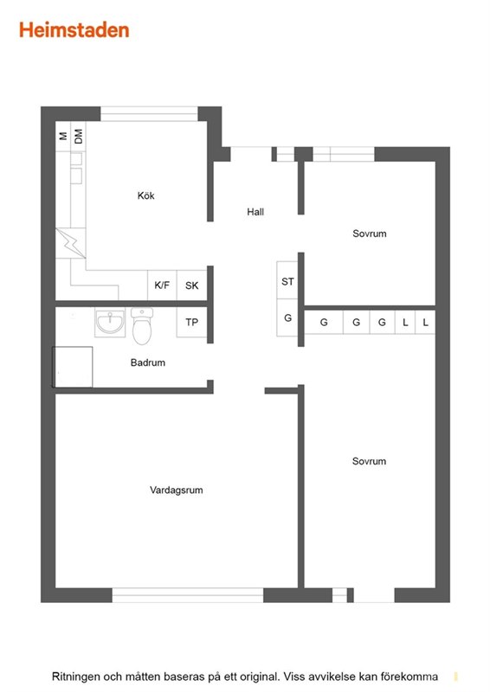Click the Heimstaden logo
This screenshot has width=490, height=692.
74,30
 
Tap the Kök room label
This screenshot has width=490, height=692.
145,195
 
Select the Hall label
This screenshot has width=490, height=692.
255,212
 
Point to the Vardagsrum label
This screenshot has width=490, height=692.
177,490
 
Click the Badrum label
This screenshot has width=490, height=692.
147,362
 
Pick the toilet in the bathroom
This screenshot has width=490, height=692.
142,326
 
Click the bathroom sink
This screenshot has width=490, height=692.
110,321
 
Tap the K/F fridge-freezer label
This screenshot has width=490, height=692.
162,285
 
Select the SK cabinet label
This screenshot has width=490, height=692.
192,285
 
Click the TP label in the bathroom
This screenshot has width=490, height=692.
192,322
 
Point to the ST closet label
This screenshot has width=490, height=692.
287,281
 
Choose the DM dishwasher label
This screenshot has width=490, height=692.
78,137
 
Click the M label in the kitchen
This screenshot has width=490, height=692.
63,136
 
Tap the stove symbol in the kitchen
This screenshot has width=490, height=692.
71,243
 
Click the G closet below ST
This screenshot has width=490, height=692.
287,317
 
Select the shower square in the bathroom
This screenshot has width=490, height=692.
73,367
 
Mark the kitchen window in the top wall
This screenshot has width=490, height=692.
150,114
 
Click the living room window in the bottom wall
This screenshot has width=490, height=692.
188,595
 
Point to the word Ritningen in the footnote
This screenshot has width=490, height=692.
75,676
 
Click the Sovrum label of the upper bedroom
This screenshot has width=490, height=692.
370,234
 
